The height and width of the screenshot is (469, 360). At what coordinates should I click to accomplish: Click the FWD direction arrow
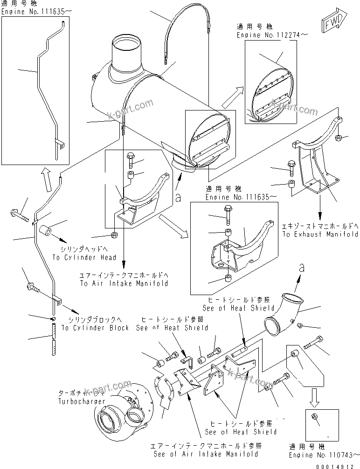click(332, 22)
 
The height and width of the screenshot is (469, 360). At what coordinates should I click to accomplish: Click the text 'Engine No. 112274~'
click(265, 35)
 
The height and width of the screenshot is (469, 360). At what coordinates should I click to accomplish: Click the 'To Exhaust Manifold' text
click(320, 234)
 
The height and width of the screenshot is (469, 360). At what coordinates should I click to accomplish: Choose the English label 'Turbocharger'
click(78, 401)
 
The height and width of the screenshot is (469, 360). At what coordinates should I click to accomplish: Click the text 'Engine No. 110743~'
click(324, 454)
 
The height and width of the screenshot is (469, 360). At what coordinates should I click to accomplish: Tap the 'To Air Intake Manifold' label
click(124, 283)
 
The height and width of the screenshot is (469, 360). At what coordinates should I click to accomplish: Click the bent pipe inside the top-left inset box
click(47, 89)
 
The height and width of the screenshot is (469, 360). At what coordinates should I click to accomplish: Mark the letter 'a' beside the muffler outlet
click(177, 198)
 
